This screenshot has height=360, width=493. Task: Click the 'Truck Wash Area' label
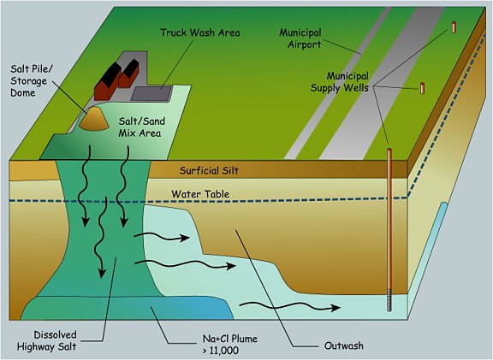tap(200, 32)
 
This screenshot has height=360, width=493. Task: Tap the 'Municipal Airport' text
tap(300, 38)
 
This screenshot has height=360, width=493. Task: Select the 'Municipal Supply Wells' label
tap(340, 82)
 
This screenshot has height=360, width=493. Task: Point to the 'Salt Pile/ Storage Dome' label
tap(32, 80)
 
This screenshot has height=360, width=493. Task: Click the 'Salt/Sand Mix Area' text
tap(141, 127)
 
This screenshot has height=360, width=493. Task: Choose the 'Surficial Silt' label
tap(209, 170)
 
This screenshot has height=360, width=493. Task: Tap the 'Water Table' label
tap(200, 194)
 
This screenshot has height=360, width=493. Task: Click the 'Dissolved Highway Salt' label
tap(46, 340)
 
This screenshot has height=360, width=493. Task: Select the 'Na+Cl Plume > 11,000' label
tap(230, 345)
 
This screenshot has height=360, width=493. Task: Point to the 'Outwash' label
tap(344, 345)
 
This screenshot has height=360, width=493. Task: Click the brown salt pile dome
tap(93, 118)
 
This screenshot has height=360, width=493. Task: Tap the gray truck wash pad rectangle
tap(151, 93)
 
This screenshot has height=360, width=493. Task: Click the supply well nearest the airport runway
tap(422, 88)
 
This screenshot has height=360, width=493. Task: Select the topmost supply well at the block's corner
tap(454, 27)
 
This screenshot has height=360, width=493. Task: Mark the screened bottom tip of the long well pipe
tap(389, 310)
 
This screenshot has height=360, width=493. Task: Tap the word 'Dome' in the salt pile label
tap(22, 92)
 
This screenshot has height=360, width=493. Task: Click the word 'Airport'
tap(305, 44)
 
